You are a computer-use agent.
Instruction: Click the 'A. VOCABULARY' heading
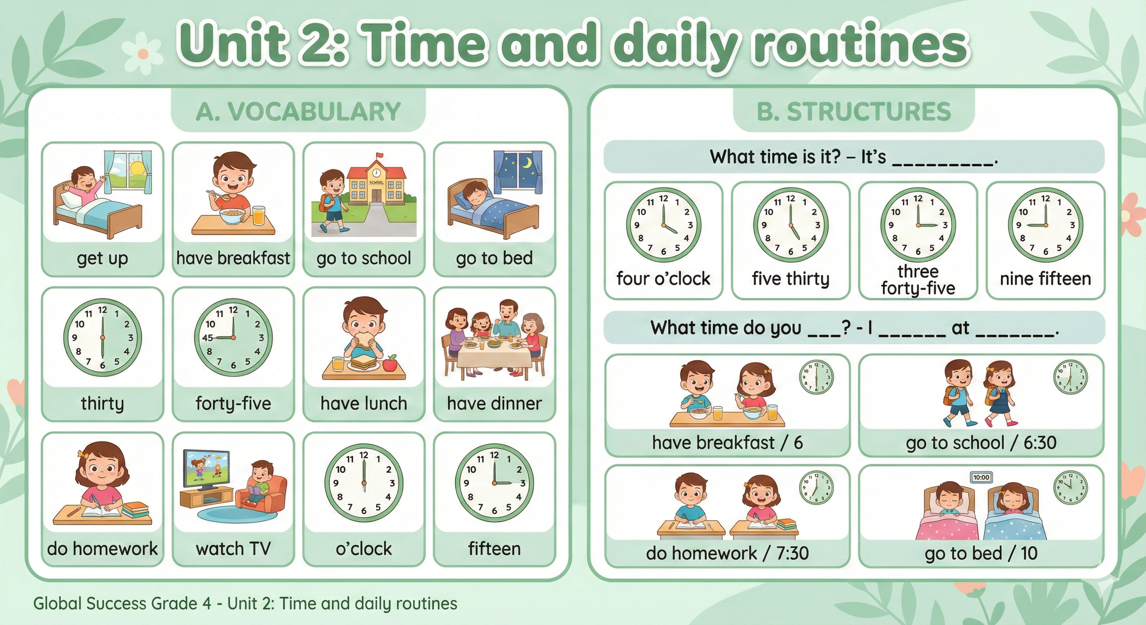coord(298,111)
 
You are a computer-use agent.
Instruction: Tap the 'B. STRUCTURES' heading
coord(854,111)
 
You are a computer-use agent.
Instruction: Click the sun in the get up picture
coord(137,168)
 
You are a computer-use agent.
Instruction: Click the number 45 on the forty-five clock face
coord(207,338)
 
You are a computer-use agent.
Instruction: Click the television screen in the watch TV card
coord(207,468)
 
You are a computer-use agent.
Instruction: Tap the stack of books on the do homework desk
coord(135,510)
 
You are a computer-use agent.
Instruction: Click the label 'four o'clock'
coord(663,279)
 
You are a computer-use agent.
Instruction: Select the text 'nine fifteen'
coord(1045,279)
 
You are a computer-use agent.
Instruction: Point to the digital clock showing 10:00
coord(981,477)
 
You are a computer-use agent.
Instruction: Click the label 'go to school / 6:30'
coord(981,443)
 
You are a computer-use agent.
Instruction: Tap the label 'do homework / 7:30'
coord(727,553)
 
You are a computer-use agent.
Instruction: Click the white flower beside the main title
coord(143,53)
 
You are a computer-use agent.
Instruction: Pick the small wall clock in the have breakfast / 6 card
coord(816,377)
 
